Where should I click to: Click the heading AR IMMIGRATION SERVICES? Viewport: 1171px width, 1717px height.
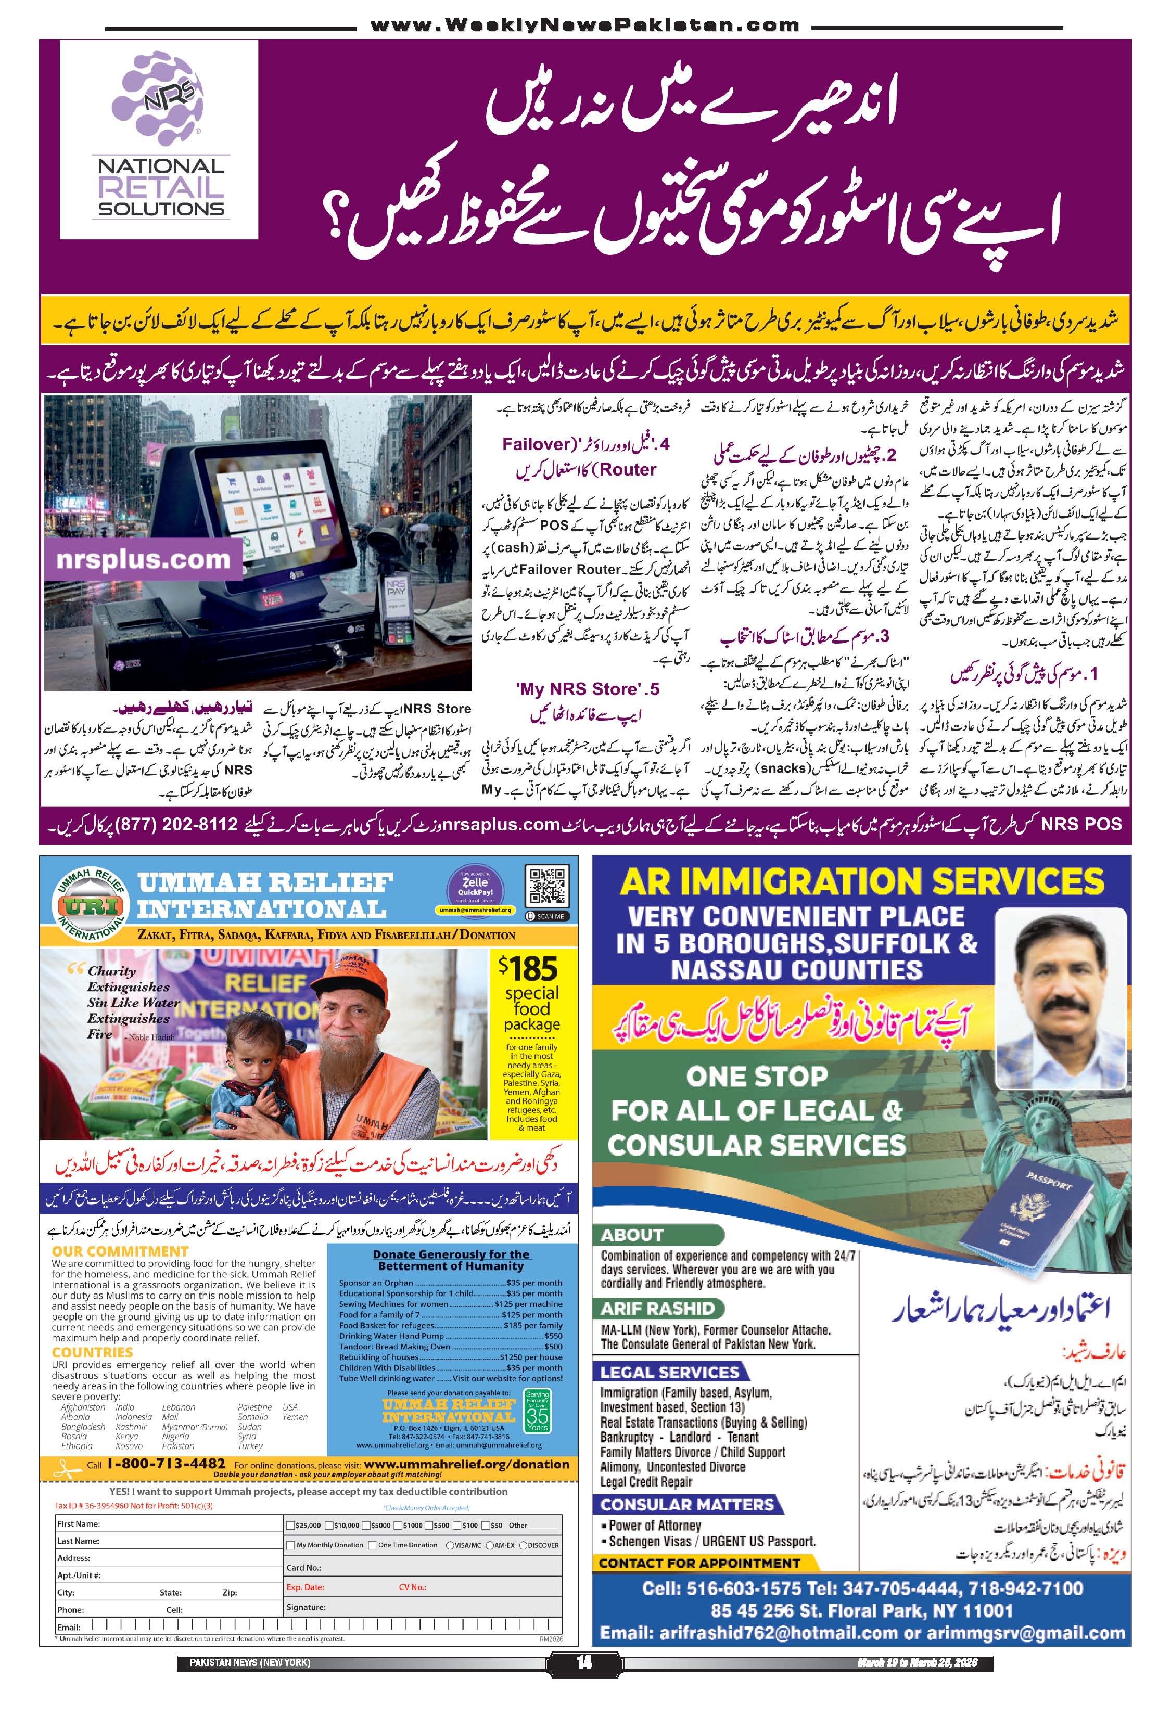pos(861,881)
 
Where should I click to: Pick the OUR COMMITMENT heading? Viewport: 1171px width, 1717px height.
pos(120,1251)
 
